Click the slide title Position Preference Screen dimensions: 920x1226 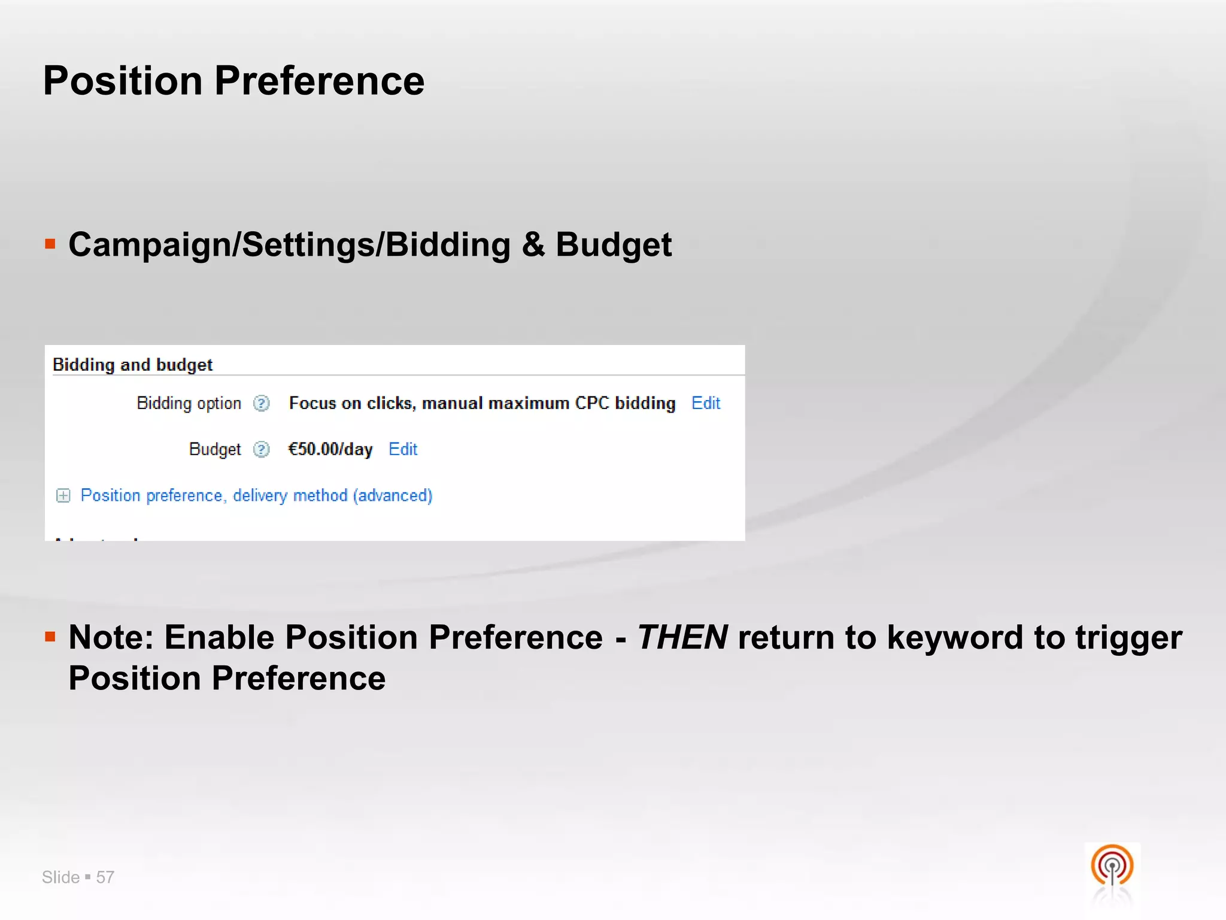pos(233,81)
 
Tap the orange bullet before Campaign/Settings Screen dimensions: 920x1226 pos(50,244)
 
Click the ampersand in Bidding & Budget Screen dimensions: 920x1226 pos(533,245)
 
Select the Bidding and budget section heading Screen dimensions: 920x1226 pos(132,365)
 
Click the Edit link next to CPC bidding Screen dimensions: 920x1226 pos(705,403)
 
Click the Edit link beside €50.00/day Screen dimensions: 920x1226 pos(402,449)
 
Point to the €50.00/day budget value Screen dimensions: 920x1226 pos(330,449)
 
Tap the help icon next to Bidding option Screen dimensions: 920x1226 pos(262,404)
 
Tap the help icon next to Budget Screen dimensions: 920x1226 pos(262,449)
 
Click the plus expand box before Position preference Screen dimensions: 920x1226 pos(63,496)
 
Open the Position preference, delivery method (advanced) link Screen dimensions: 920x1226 pos(256,495)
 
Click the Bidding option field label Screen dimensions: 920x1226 pos(189,403)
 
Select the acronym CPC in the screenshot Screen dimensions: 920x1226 pos(591,403)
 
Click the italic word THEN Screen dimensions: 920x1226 pos(682,637)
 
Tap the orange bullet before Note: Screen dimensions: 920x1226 pos(50,637)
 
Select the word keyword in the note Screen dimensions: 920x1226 pos(955,637)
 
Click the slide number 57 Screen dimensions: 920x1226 pos(105,877)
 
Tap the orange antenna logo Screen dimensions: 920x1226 pos(1112,866)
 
